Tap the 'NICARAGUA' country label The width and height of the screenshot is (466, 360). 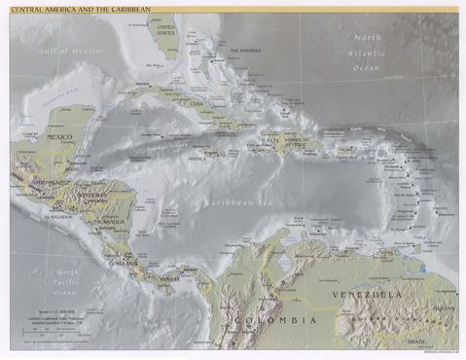110,221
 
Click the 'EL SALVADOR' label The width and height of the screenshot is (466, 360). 57,218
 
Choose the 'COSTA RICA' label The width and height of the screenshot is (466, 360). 122,262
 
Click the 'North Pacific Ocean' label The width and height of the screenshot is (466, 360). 66,281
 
